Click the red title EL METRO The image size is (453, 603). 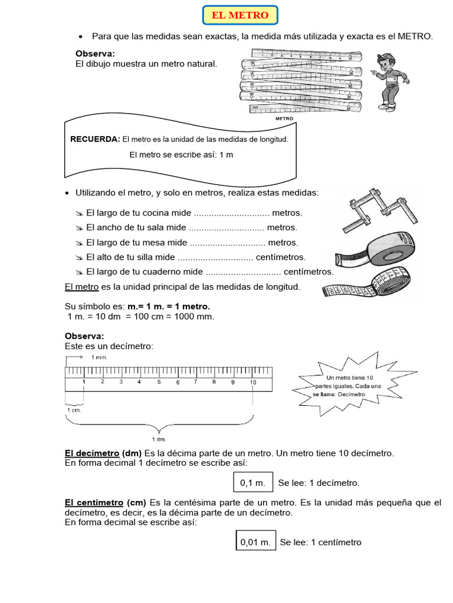tap(239, 15)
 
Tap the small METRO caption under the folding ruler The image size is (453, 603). tap(284, 118)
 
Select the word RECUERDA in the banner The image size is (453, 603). tap(95, 140)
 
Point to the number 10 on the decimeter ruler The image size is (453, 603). tap(252, 382)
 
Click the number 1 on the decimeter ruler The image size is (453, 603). tap(84, 382)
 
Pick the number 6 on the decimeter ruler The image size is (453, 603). tap(178, 383)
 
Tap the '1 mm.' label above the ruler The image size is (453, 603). tap(100, 357)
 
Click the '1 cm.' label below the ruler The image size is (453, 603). tap(74, 410)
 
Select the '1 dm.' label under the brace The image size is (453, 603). tap(159, 439)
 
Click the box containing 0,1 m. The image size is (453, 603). tap(254, 483)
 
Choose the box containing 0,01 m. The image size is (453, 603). tap(255, 542)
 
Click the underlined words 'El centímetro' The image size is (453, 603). tap(93, 502)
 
